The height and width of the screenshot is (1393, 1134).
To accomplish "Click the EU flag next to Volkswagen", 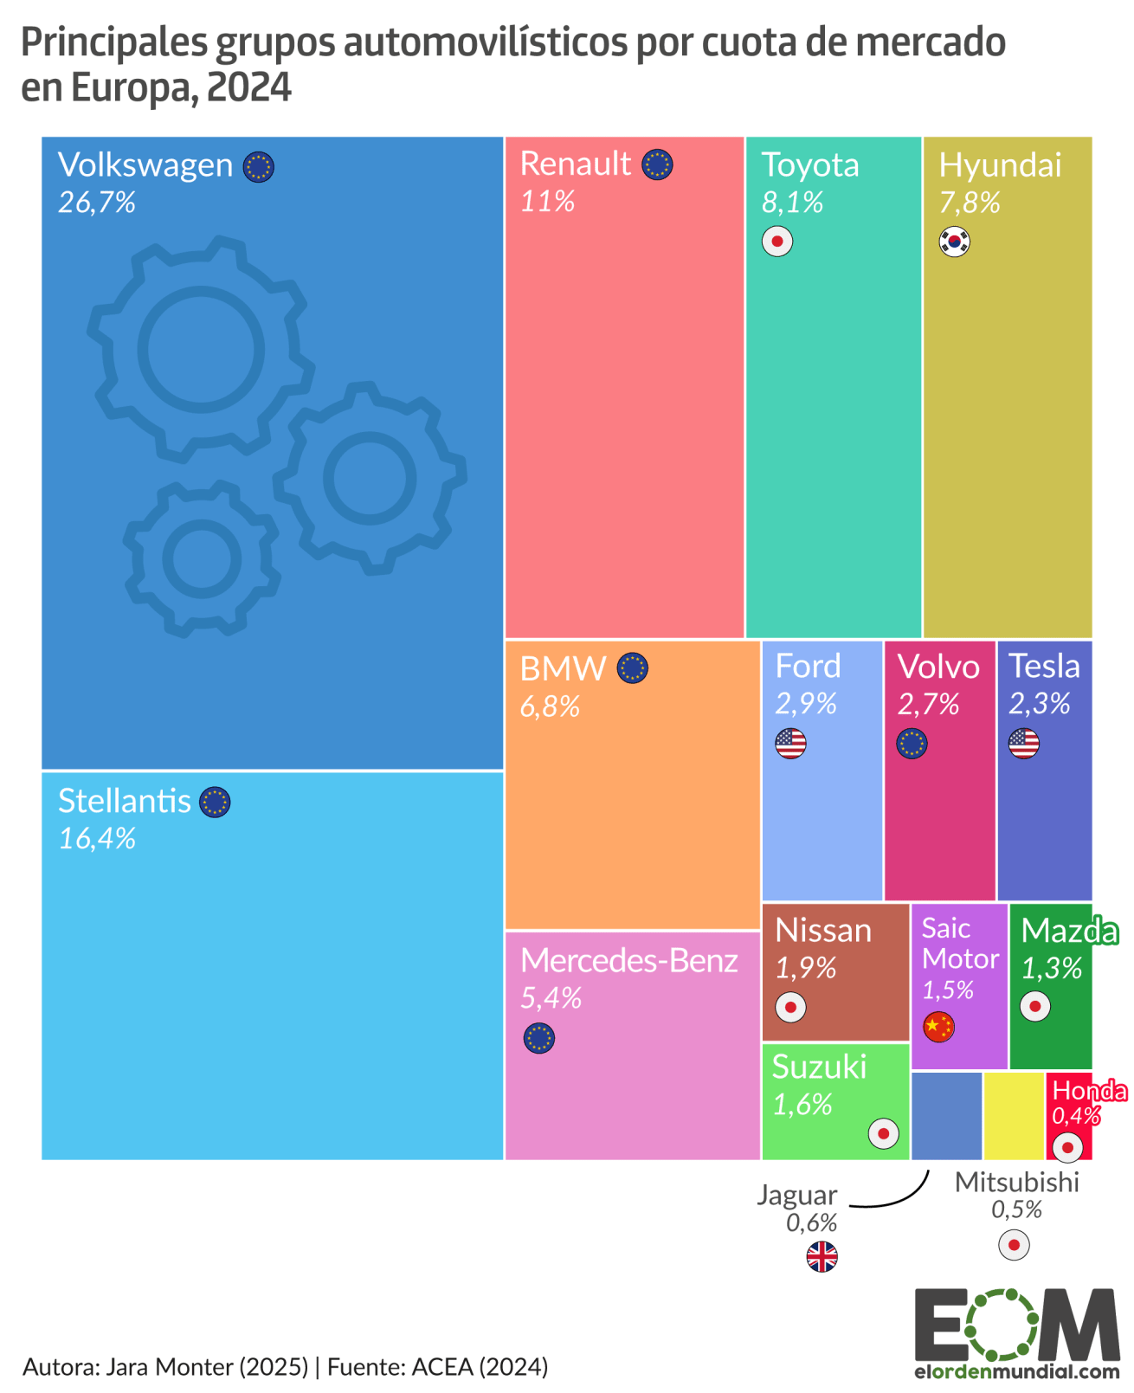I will click(x=258, y=166).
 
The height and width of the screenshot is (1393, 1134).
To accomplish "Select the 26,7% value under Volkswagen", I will click(x=97, y=203).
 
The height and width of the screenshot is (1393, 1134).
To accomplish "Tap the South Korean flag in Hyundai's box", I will click(x=954, y=242).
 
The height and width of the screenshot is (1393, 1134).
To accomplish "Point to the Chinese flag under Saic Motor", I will click(x=938, y=1027).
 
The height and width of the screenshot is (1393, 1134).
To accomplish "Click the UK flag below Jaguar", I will click(x=822, y=1256).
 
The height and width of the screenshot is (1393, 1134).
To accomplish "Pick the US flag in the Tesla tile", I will click(x=1023, y=743).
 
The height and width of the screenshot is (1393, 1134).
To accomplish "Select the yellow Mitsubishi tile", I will click(x=1014, y=1116).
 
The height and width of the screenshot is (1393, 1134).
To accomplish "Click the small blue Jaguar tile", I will click(x=946, y=1116).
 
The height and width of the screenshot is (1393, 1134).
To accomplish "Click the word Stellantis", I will click(x=124, y=802).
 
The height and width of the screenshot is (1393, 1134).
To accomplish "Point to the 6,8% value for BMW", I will click(x=550, y=707).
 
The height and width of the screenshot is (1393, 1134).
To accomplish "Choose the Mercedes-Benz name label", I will click(x=628, y=961).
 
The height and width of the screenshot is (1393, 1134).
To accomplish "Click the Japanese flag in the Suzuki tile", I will click(x=883, y=1133).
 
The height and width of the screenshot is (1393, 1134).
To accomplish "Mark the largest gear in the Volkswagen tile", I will click(x=201, y=348).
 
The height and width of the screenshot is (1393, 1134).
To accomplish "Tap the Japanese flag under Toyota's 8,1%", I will click(x=776, y=242).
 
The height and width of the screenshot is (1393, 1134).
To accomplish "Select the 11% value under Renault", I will click(x=547, y=202).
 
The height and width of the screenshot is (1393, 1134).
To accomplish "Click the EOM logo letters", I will click(x=1016, y=1325).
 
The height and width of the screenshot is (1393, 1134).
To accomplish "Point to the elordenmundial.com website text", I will click(x=1016, y=1371).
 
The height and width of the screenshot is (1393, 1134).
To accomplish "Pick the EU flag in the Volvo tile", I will click(x=911, y=743).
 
